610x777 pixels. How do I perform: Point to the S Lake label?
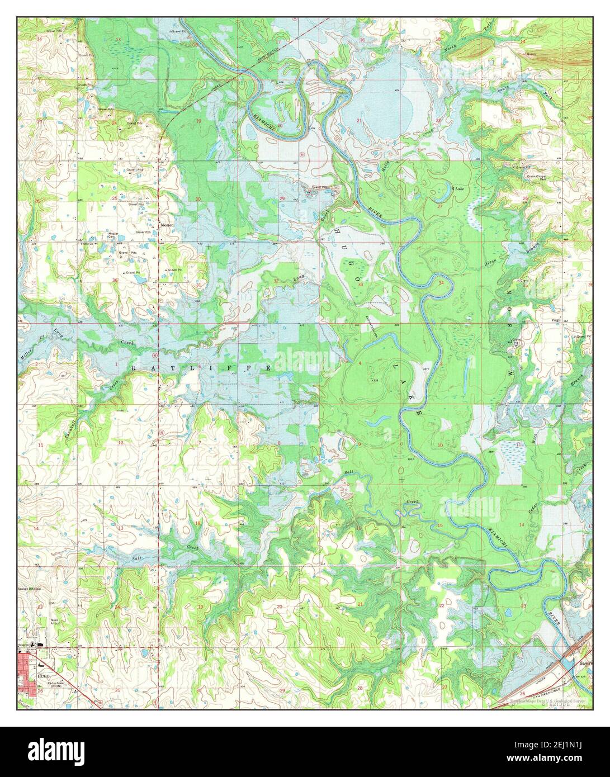point(458,189)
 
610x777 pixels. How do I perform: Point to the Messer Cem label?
point(114,235)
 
